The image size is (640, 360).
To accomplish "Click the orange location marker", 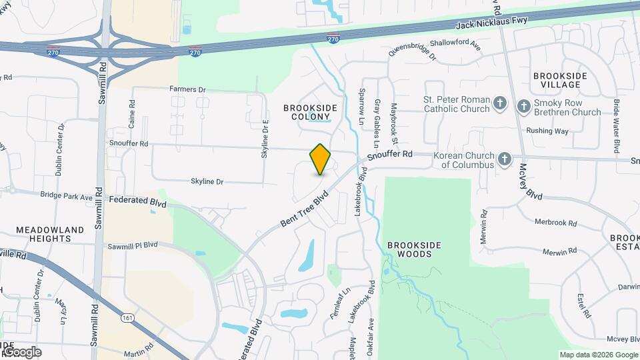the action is [x=321, y=159].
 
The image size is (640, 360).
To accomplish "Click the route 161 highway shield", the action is [x=126, y=319].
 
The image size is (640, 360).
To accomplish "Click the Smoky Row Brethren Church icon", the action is [x=523, y=105].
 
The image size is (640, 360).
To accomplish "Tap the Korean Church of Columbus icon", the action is [x=505, y=159].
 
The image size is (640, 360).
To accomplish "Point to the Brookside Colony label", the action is [x=310, y=112].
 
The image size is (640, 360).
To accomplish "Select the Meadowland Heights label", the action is [x=50, y=234].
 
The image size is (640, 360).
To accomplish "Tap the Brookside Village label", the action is [x=560, y=81].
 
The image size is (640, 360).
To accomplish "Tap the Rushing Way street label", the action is [x=547, y=131].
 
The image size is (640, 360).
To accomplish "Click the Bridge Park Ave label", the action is [x=66, y=197].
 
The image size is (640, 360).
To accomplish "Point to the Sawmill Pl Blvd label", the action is [x=133, y=246].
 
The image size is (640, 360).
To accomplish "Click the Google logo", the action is [x=21, y=351].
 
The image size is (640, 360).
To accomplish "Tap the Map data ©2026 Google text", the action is [x=597, y=355].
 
